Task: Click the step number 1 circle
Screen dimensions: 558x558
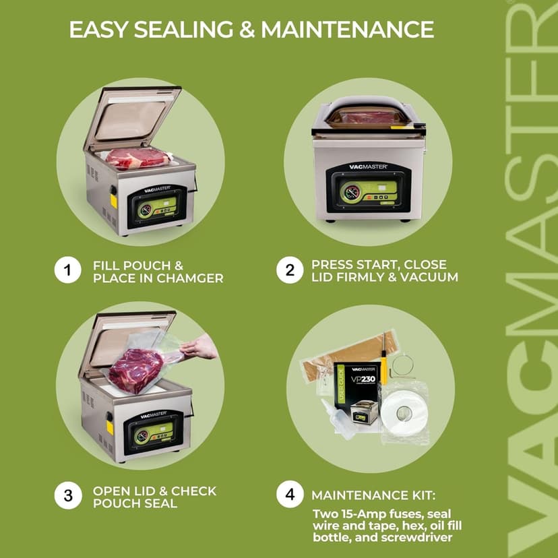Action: click(x=67, y=271)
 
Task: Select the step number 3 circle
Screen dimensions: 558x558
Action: click(x=67, y=496)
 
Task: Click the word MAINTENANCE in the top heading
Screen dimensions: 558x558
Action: click(x=347, y=30)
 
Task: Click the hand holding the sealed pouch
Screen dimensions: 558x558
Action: click(x=199, y=348)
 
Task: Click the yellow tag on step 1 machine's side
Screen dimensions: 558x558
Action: click(x=113, y=200)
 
